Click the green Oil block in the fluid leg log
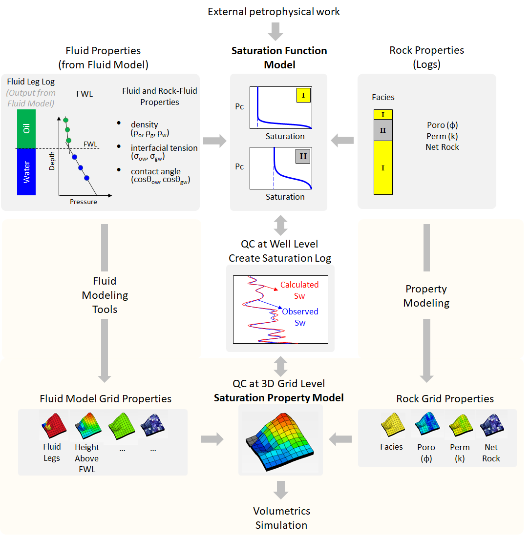26,129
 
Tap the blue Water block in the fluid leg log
26,172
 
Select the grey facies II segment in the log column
383,130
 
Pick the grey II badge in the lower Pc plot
303,156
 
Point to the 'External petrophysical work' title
274,12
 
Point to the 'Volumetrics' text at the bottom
281,511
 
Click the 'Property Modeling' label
426,296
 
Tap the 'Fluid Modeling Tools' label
105,295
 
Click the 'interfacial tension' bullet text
164,148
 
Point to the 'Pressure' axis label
83,202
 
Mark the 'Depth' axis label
52,161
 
